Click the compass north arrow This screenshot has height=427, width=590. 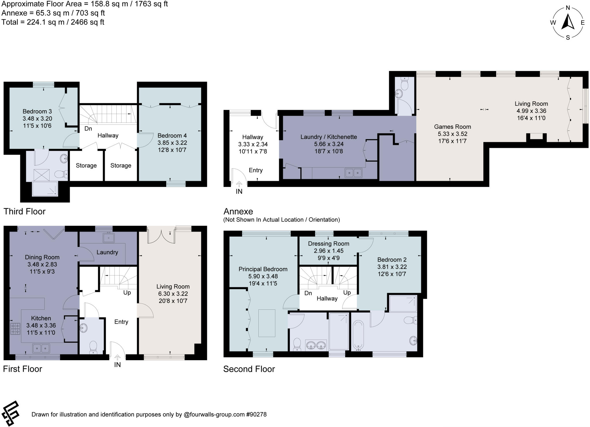(x=568, y=22)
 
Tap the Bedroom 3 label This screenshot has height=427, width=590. (x=37, y=112)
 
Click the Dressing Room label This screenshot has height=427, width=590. (x=328, y=244)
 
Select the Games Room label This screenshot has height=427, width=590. (x=452, y=127)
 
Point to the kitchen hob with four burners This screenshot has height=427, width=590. (x=15, y=329)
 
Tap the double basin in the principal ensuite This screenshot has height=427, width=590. (x=316, y=345)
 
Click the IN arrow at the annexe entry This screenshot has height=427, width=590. (x=239, y=184)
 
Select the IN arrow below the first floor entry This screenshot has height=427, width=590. (x=117, y=357)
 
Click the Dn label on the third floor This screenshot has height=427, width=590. (x=88, y=129)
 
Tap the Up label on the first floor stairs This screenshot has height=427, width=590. (x=127, y=292)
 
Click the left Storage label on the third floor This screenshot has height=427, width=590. (x=86, y=165)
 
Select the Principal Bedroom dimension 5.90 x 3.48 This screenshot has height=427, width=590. (x=263, y=276)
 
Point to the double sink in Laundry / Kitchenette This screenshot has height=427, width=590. (x=353, y=173)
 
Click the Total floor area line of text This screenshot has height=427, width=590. (x=53, y=22)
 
